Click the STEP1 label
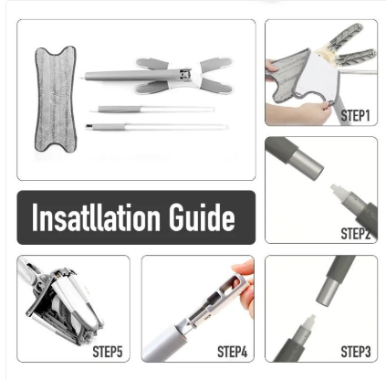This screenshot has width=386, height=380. [355, 116]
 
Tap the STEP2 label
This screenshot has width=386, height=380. [355, 234]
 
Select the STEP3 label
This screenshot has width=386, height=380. [356, 352]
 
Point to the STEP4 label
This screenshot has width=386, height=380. [232, 352]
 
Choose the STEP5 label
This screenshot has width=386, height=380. [108, 352]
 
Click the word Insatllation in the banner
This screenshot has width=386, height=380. [96, 217]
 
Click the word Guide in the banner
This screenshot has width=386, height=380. [202, 217]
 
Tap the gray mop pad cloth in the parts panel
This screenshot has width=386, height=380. [56, 99]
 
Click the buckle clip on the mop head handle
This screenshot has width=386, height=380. [184, 74]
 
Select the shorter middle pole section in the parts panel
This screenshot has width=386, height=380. [156, 109]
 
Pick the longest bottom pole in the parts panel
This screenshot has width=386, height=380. [157, 126]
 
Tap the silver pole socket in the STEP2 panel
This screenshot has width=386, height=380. [308, 162]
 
